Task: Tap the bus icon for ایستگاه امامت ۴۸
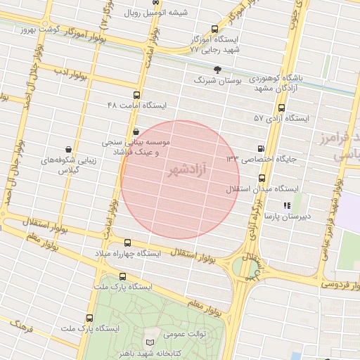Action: pos(136,95)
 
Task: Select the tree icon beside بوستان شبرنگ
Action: pos(217,70)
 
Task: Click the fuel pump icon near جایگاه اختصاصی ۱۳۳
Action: pos(262,148)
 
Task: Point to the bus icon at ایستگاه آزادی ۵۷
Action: pos(282,108)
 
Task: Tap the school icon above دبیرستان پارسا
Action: pos(286,205)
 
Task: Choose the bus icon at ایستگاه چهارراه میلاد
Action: pos(127,243)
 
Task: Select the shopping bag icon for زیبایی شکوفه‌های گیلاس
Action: pos(67,149)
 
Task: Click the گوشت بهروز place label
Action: pos(38,29)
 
